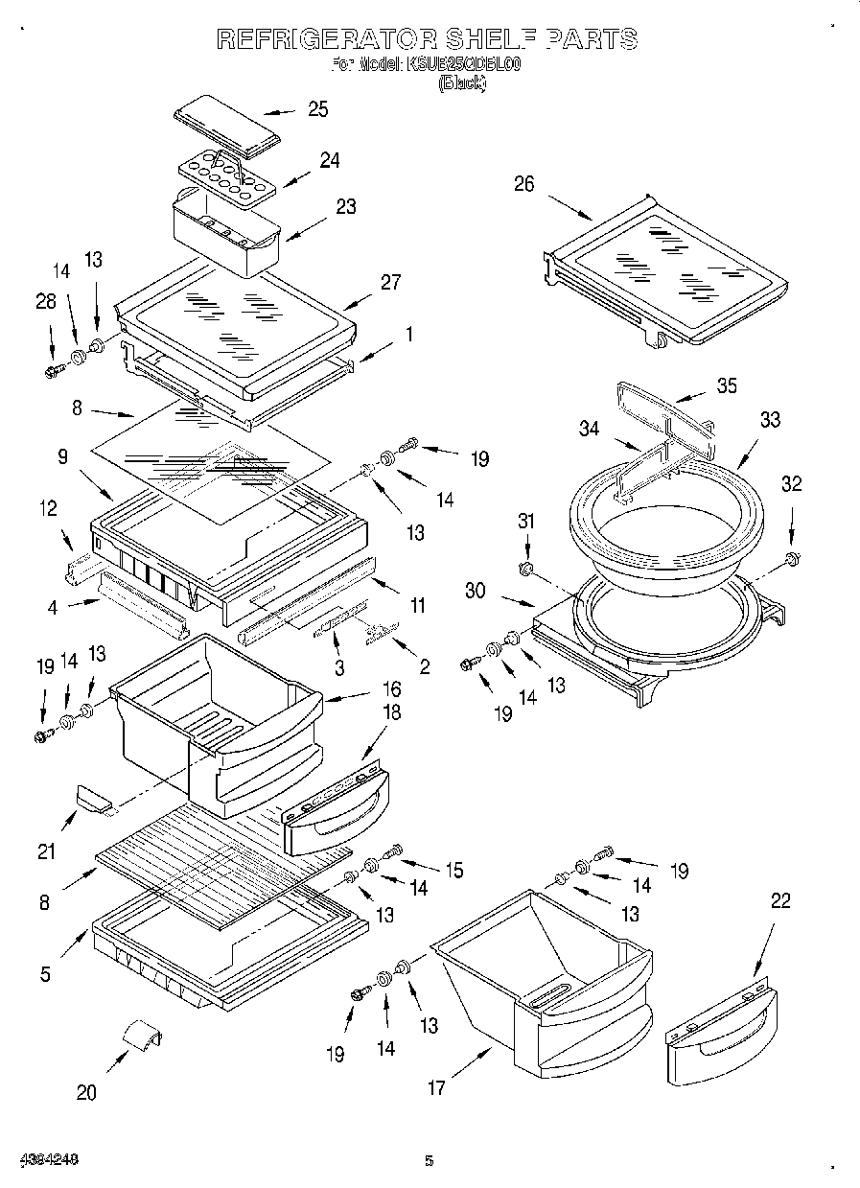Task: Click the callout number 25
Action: [317, 109]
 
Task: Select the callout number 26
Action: [523, 184]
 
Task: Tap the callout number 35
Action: [727, 386]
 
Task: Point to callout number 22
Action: [782, 901]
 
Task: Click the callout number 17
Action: [436, 1087]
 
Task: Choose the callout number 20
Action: [86, 1093]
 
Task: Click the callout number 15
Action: [453, 871]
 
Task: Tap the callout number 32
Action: [790, 484]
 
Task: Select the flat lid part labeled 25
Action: [227, 125]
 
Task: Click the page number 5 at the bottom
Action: [430, 1161]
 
